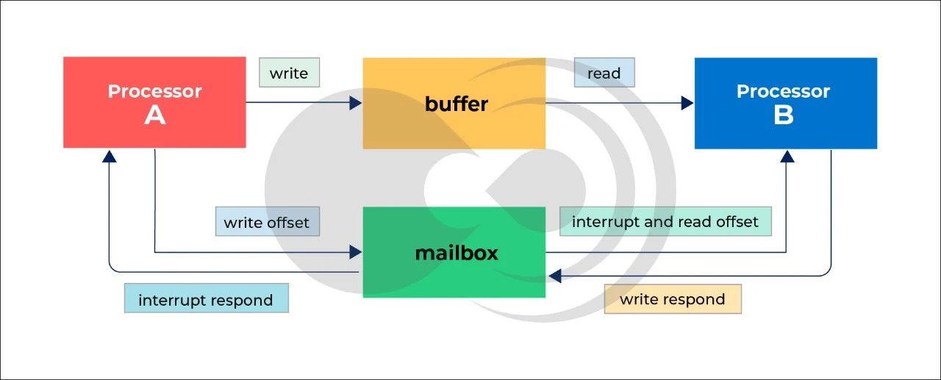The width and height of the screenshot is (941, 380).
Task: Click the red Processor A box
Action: (x=154, y=102)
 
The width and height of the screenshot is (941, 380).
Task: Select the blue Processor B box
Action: (x=785, y=103)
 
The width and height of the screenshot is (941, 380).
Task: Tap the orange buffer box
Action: (x=454, y=103)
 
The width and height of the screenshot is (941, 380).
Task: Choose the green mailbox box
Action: (x=454, y=252)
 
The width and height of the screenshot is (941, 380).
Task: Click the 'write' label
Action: (x=289, y=73)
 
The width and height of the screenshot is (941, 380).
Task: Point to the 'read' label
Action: (x=604, y=73)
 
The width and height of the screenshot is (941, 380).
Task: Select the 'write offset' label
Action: (x=267, y=222)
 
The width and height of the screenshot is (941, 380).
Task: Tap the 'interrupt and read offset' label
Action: (x=665, y=221)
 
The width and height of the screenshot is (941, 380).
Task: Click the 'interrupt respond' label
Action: (x=206, y=300)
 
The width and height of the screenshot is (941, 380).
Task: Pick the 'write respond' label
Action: (x=673, y=299)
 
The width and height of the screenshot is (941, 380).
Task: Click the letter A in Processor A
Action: (x=154, y=115)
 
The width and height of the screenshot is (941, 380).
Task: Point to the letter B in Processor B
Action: (x=784, y=115)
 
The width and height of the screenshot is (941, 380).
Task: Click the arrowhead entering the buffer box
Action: (x=356, y=103)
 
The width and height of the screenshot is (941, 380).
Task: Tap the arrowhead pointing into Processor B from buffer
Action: (x=687, y=103)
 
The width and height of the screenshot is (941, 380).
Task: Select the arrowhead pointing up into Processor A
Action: (x=110, y=156)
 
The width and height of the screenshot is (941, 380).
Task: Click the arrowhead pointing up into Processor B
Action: (x=787, y=156)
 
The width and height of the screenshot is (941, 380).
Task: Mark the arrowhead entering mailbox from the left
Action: (x=356, y=252)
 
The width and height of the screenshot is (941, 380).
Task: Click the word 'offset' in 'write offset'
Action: (x=287, y=222)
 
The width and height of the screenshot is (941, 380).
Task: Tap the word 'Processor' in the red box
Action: (x=154, y=91)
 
